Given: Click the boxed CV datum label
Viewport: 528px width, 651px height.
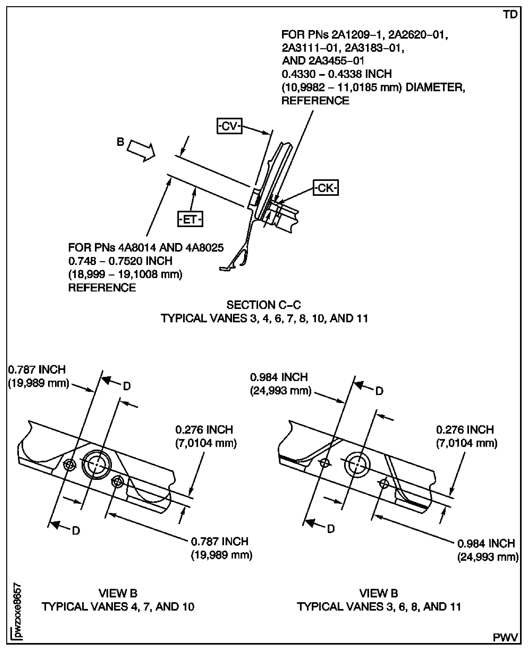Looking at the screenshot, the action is (x=229, y=126).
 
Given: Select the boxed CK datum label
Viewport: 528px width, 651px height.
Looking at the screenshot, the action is (x=326, y=188).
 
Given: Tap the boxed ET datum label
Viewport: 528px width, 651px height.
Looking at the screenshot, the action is (x=190, y=219).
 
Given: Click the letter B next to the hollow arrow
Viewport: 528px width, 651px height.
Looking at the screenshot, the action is (x=120, y=142).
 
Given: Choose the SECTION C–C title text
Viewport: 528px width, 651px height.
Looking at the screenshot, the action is (x=264, y=305).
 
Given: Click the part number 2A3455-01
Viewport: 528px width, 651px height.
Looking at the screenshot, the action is (x=336, y=61).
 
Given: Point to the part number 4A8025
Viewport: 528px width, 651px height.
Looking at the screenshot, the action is (x=204, y=248).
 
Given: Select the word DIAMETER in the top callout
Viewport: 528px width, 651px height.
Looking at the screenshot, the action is (x=435, y=87).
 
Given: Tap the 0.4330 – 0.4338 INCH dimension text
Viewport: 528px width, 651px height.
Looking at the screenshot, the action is (x=337, y=74).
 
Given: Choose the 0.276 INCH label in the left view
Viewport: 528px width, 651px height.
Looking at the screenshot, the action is (x=204, y=429).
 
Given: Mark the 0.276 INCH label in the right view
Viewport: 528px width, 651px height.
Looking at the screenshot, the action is (x=465, y=429).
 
